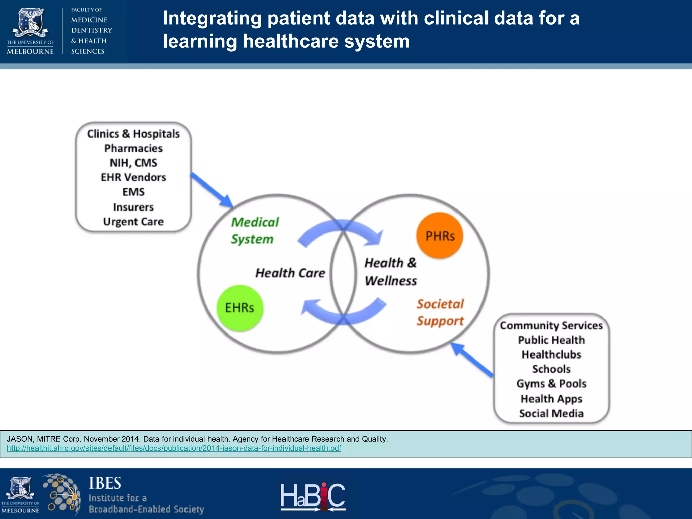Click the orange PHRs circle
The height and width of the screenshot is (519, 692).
tap(440, 236)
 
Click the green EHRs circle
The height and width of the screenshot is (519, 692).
tap(240, 308)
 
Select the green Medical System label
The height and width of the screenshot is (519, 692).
tap(255, 230)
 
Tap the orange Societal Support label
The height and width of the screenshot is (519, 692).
tap(440, 312)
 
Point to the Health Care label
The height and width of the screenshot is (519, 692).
tap(290, 273)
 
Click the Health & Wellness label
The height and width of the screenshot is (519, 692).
tap(390, 272)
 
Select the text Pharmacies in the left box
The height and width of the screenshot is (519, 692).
tap(133, 148)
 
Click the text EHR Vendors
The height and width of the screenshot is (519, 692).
tap(133, 177)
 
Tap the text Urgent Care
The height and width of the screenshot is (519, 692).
tap(133, 222)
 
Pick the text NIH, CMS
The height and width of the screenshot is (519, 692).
tap(133, 163)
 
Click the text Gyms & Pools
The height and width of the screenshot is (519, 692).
tap(551, 384)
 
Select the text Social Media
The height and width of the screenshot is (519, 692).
tap(551, 413)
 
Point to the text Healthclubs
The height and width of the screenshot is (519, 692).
tap(551, 354)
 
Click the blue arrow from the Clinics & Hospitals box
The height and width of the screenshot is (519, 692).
tap(212, 190)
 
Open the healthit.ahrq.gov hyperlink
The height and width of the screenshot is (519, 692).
tap(174, 448)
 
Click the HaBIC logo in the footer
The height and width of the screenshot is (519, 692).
tap(313, 496)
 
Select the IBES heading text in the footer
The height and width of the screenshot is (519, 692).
tap(105, 483)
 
